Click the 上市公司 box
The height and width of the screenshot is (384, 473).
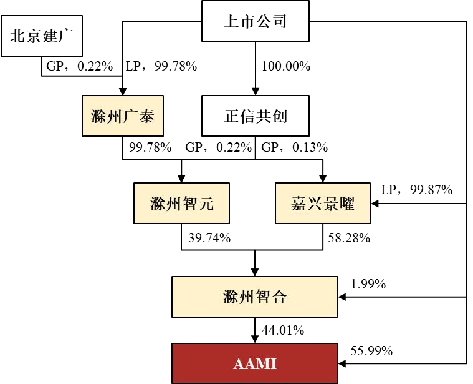click(256, 22)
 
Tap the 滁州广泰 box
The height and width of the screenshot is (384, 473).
click(123, 116)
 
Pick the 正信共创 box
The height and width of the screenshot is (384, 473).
click(256, 116)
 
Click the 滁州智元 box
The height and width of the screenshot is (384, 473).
click(181, 203)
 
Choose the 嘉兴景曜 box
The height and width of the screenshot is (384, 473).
click(323, 203)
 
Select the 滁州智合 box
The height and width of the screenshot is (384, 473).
click(256, 297)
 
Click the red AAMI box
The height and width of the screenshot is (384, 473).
click(256, 363)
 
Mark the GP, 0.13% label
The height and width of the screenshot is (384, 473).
click(294, 148)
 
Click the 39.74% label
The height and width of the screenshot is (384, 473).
click(210, 237)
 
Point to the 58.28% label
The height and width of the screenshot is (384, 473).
click(350, 237)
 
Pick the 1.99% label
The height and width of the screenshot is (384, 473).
click(368, 284)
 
